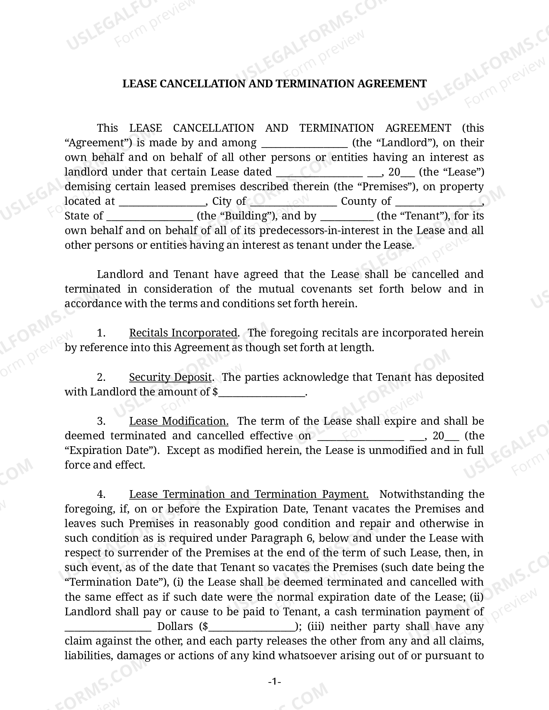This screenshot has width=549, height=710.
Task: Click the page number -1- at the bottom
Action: (274, 682)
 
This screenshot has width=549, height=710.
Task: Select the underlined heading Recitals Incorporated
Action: (183, 333)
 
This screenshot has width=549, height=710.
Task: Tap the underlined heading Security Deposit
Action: (171, 377)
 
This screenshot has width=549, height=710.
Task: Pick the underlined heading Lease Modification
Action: (179, 421)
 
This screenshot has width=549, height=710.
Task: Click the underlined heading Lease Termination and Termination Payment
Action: (248, 494)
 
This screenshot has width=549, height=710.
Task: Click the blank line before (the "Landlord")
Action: (304, 144)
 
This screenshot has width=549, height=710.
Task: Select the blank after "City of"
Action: (293, 202)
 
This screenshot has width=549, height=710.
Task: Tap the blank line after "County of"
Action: (438, 202)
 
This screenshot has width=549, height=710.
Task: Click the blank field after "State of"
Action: (149, 217)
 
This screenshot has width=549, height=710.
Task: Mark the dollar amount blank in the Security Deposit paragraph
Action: (261, 393)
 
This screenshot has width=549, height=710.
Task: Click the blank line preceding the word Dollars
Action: (108, 627)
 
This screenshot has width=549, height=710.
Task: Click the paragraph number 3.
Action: (101, 421)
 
